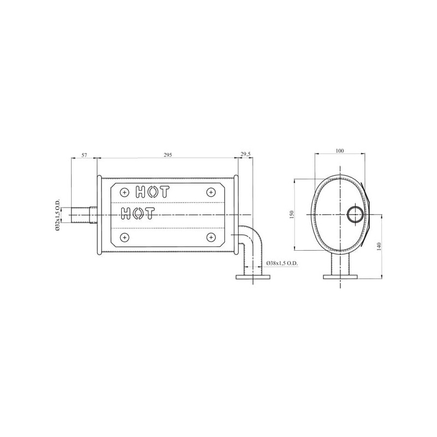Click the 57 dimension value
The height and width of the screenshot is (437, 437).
tap(84, 155)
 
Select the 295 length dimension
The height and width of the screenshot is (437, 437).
tap(168, 155)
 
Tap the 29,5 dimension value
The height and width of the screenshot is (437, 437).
tap(245, 154)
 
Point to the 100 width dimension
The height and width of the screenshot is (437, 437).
tap(340, 151)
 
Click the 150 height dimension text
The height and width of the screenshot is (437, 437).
tap(292, 214)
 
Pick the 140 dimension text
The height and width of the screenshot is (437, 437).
tap(379, 246)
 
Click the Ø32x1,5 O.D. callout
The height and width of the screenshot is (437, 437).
tap(57, 215)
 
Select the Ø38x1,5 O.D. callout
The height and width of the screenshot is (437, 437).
tap(282, 263)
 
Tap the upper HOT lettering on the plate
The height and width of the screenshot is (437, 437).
tap(152, 192)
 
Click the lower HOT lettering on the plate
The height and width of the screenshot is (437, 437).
tap(138, 214)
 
